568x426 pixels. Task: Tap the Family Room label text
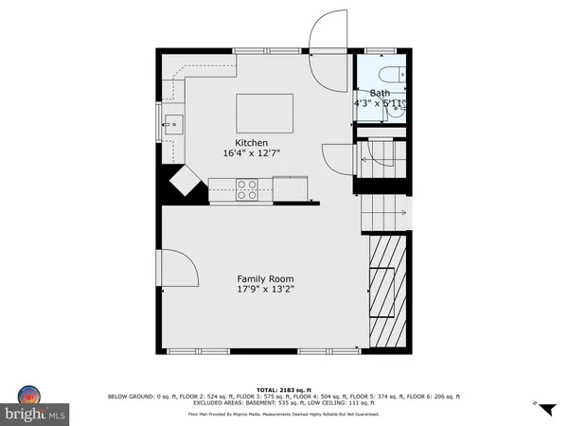pyautogui.click(x=266, y=278)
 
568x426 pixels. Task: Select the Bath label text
pyautogui.click(x=379, y=93)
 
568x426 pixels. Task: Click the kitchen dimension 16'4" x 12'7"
pyautogui.click(x=251, y=152)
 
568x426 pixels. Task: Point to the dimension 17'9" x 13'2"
pyautogui.click(x=266, y=290)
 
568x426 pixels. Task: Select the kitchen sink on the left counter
pyautogui.click(x=173, y=122)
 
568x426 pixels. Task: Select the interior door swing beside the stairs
pyautogui.click(x=337, y=157)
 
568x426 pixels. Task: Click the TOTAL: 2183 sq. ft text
pyautogui.click(x=283, y=388)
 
